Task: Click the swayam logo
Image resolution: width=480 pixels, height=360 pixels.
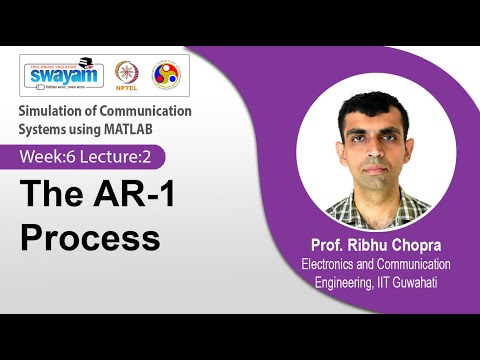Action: click(x=63, y=75)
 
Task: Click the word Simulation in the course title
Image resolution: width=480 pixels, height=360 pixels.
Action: click(x=54, y=111)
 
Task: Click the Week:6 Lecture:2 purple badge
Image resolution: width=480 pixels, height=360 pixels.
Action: click(x=90, y=157)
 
